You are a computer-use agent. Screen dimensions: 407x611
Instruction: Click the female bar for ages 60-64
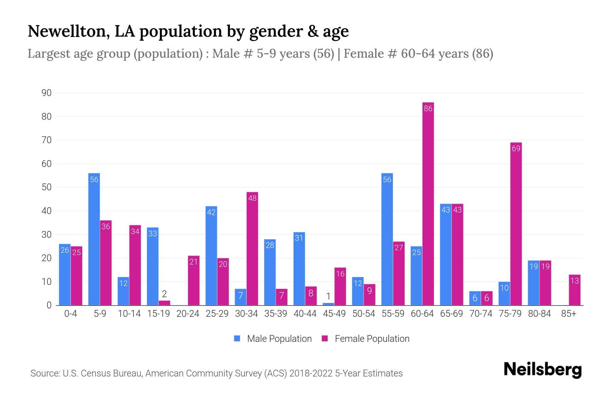428,203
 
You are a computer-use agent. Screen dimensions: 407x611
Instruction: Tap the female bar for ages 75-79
516,224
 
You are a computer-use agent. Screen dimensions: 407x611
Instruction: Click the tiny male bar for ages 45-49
328,304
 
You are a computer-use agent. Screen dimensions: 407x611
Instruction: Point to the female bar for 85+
574,290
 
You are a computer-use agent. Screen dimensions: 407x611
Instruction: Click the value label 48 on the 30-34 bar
252,198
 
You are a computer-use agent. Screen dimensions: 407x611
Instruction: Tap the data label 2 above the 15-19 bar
164,294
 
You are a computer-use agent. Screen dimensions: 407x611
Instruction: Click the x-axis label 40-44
305,314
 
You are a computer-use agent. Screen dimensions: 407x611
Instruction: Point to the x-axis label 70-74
481,314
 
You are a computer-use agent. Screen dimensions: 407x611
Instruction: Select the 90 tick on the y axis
47,93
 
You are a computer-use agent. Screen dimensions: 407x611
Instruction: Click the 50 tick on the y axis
47,187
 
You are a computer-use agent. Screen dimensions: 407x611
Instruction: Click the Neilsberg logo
542,370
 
